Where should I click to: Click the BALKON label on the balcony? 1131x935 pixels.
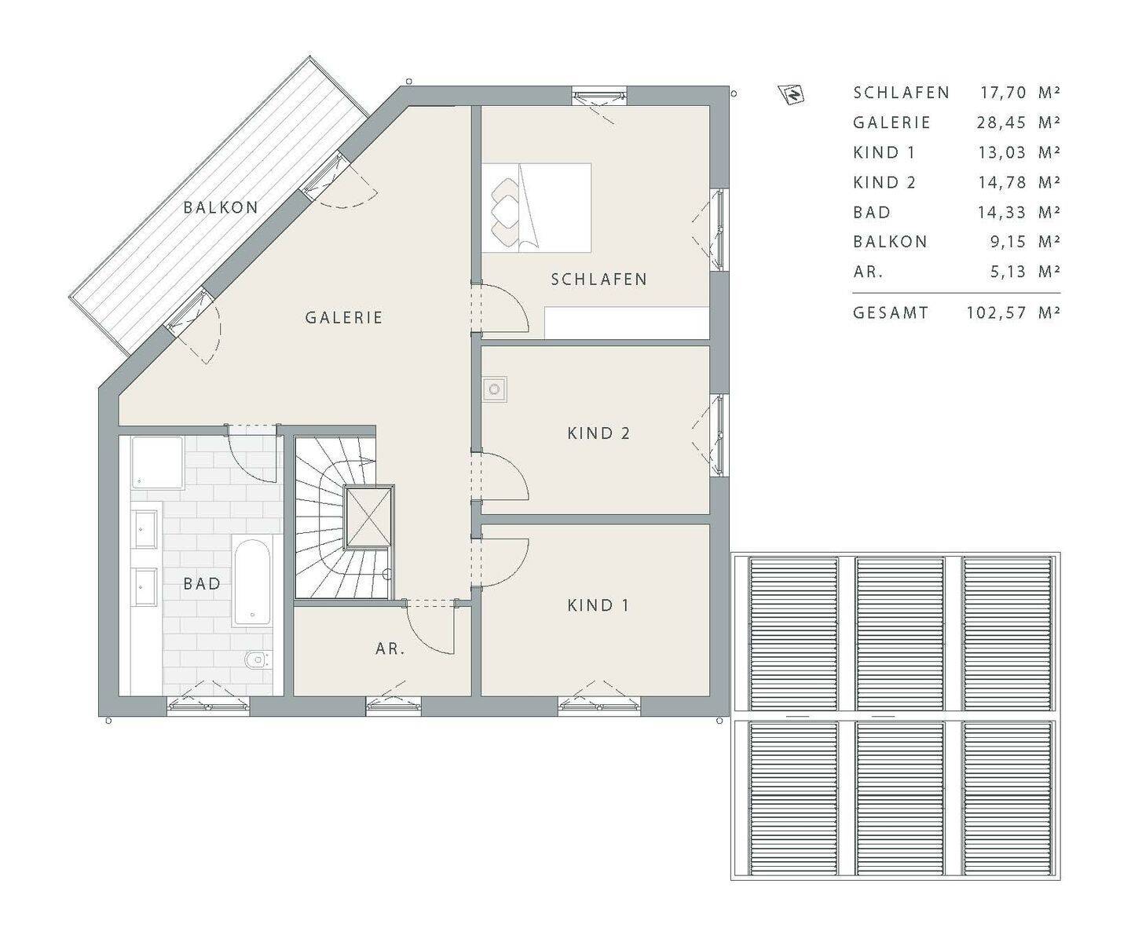tap(221, 207)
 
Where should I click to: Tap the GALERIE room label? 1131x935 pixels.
tap(344, 317)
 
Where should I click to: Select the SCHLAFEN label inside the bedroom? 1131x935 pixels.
tap(599, 279)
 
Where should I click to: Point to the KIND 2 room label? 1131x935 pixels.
tap(598, 433)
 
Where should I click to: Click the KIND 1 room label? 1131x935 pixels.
tap(598, 605)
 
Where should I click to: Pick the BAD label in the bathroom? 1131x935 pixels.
tap(202, 583)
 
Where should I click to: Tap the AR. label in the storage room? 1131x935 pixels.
tap(390, 648)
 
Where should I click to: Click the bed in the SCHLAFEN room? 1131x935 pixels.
tap(536, 208)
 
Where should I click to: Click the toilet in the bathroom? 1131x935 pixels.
tap(258, 659)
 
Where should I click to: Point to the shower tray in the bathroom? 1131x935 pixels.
tap(157, 463)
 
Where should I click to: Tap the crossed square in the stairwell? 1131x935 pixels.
tap(368, 517)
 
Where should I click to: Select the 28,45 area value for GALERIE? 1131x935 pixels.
tap(1001, 123)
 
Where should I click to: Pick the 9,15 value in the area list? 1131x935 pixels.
tap(1008, 242)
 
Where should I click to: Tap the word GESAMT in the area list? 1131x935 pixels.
tap(891, 313)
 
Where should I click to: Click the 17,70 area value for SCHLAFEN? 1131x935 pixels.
tap(1003, 93)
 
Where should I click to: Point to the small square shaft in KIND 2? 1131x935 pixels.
tap(494, 389)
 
